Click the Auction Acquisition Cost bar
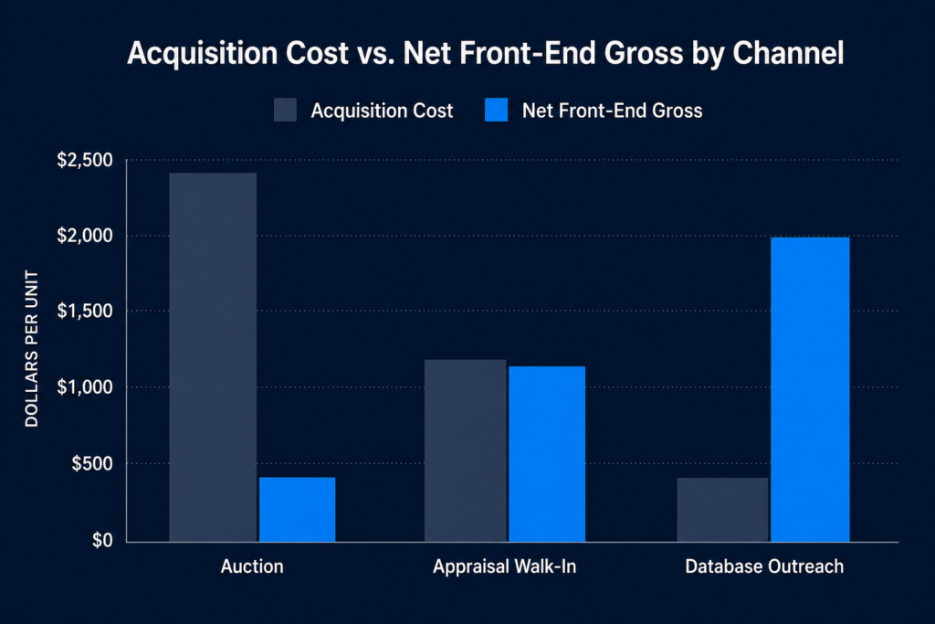[213, 357]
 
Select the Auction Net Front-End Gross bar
[297, 509]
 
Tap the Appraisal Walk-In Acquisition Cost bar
[466, 450]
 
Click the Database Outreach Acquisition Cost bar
[722, 509]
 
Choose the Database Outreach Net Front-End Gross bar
[810, 389]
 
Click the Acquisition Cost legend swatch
[286, 111]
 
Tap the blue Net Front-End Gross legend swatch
[497, 111]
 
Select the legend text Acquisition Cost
[382, 111]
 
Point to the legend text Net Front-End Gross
[612, 111]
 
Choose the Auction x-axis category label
[252, 567]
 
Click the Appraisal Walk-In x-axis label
[505, 567]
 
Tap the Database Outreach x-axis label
[764, 567]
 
